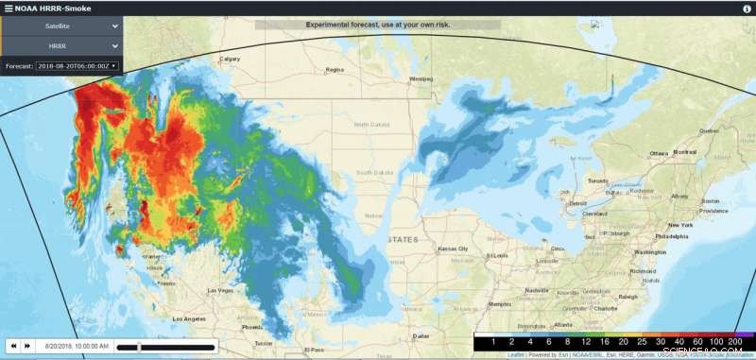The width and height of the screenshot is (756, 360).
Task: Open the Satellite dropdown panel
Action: [x=60, y=27]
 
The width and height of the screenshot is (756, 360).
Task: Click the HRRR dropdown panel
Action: [x=60, y=45]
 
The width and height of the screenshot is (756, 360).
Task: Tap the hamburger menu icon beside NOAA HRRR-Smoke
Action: [x=8, y=8]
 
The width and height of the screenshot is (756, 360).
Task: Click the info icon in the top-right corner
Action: [x=747, y=8]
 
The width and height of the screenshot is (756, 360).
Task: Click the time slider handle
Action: [x=139, y=347]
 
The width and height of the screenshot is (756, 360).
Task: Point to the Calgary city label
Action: [x=230, y=59]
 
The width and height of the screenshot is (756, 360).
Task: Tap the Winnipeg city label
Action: [x=420, y=78]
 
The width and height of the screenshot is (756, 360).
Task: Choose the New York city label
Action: [x=680, y=225]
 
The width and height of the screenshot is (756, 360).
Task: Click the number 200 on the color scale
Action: [x=736, y=341]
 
